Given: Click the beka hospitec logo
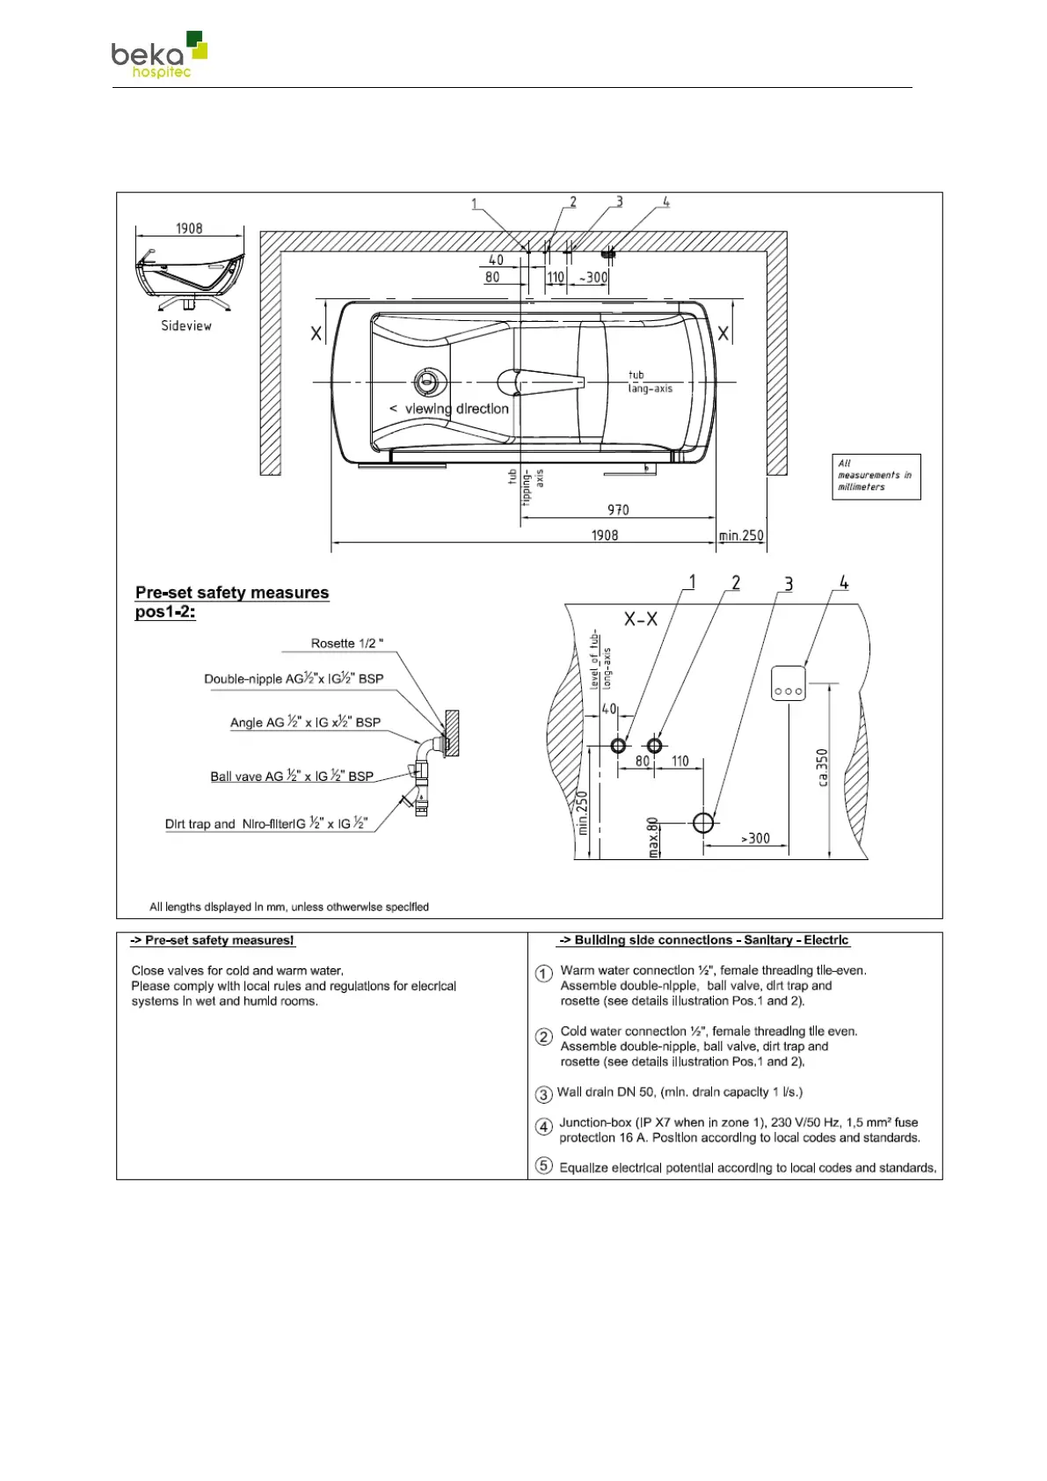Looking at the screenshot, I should pyautogui.click(x=159, y=55).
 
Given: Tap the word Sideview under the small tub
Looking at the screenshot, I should pyautogui.click(x=185, y=325).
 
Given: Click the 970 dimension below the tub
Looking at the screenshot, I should pyautogui.click(x=618, y=510).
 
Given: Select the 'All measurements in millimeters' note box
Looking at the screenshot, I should pyautogui.click(x=876, y=476).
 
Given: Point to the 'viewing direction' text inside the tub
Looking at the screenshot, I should pyautogui.click(x=449, y=409).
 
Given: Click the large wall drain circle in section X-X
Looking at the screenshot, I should pyautogui.click(x=703, y=822).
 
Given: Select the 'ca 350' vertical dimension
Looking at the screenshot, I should pyautogui.click(x=822, y=768).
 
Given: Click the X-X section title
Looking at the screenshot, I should pyautogui.click(x=641, y=619).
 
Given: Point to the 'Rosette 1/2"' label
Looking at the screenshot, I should pyautogui.click(x=347, y=644).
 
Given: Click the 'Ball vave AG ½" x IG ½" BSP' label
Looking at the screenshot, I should pyautogui.click(x=292, y=777).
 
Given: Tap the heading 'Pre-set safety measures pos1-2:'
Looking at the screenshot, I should pyautogui.click(x=232, y=602).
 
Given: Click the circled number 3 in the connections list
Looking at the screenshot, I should pyautogui.click(x=543, y=1094).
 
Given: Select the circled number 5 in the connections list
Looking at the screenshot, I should pyautogui.click(x=544, y=1166).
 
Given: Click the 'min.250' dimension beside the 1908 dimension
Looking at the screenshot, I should pyautogui.click(x=741, y=536).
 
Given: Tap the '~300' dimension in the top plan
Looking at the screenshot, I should pyautogui.click(x=593, y=278).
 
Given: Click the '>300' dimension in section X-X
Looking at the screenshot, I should pyautogui.click(x=755, y=839).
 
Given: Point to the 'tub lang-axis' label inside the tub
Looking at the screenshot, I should pyautogui.click(x=650, y=382).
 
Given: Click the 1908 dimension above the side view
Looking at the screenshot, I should pyautogui.click(x=189, y=229).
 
